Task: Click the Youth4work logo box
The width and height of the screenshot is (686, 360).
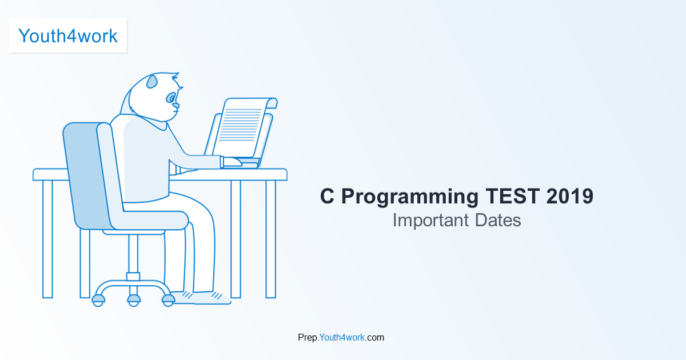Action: [x=68, y=36]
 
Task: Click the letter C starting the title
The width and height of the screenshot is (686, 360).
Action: [x=327, y=197]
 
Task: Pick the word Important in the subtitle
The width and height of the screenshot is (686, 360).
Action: [x=430, y=220]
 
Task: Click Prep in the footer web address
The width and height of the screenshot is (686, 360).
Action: [x=308, y=338]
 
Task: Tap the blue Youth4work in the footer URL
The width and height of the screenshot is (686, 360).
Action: [x=342, y=337]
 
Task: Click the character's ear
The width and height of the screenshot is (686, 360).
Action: [x=152, y=82]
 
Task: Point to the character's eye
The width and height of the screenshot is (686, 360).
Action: [x=171, y=98]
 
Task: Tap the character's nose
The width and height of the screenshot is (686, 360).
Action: [x=176, y=105]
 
